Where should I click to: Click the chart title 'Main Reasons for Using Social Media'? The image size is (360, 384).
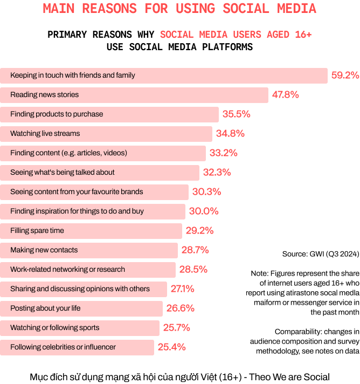[x=179, y=9]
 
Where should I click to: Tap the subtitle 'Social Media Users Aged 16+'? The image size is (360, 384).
[x=236, y=35]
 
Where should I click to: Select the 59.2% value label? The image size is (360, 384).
[x=345, y=76]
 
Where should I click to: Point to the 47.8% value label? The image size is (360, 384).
[x=285, y=95]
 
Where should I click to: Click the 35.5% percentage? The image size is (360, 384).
[x=236, y=114]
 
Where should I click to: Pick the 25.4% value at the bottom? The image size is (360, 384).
[x=171, y=347]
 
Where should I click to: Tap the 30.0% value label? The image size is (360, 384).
[x=203, y=211]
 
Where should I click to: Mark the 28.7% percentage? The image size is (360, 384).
[x=195, y=250]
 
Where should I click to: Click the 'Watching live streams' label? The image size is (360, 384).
[x=45, y=133]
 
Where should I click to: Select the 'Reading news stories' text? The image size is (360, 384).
[x=44, y=94]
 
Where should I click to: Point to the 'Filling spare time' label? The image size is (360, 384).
[x=37, y=230]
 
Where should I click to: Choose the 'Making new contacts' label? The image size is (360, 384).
[x=44, y=250]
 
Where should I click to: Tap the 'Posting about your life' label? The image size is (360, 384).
[x=45, y=308]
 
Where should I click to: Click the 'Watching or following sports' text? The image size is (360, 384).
[x=54, y=327]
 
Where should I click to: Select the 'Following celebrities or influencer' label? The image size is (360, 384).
[x=63, y=347]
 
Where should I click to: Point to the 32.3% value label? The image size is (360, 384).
[x=217, y=173]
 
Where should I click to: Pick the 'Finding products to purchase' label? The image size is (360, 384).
[x=57, y=114]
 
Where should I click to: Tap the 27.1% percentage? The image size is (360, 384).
[x=182, y=289]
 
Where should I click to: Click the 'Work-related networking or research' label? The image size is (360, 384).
[x=67, y=269]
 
